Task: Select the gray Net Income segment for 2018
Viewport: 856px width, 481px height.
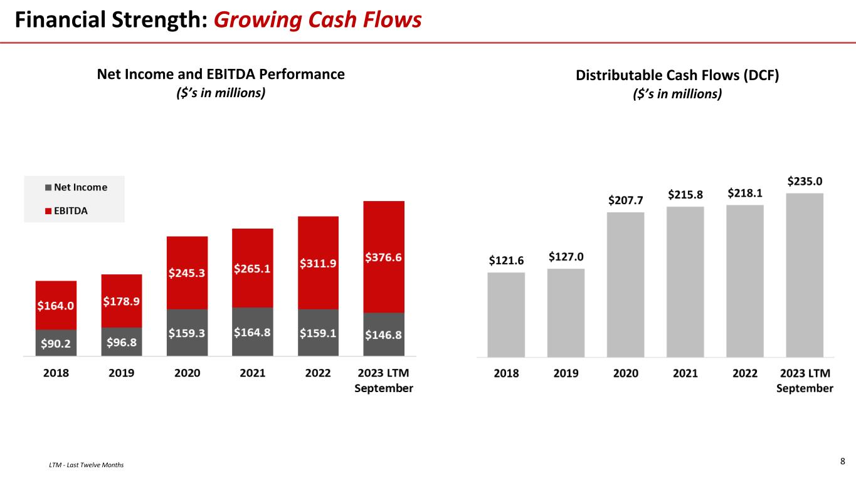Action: point(56,343)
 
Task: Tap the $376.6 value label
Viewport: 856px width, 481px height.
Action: point(383,257)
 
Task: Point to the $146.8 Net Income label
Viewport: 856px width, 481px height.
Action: point(383,335)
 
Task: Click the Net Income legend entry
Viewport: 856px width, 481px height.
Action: point(76,187)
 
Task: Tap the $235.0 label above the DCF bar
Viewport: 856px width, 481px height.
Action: point(805,181)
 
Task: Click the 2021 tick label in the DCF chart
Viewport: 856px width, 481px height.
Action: point(685,373)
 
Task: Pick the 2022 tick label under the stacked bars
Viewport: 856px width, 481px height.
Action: point(318,373)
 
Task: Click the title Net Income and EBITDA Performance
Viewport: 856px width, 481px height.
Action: point(221,75)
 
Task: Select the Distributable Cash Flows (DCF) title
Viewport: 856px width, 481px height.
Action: point(677,76)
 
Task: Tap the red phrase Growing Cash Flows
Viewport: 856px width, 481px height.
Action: point(317,21)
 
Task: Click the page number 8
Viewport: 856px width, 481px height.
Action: point(842,462)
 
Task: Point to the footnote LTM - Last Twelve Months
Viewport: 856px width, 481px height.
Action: point(86,465)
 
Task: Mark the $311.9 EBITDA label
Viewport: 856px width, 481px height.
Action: point(318,264)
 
